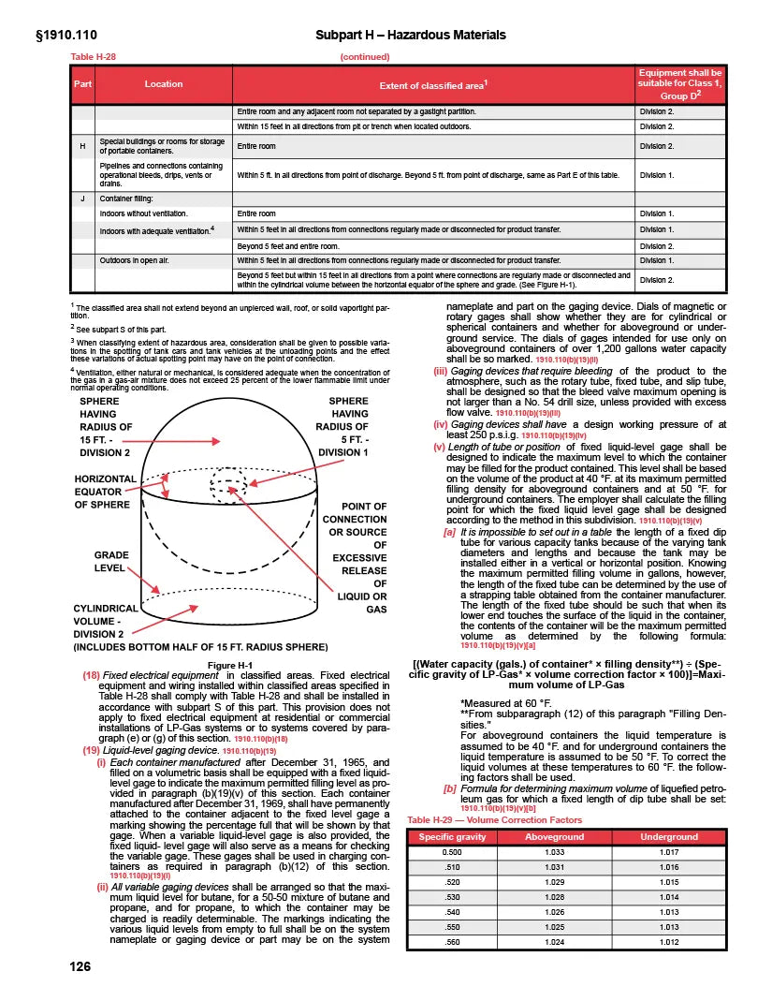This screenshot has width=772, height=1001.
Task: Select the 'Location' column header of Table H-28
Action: coord(164,84)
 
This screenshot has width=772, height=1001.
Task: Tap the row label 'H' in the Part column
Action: coord(83,146)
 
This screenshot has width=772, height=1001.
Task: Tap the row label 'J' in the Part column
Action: coord(83,199)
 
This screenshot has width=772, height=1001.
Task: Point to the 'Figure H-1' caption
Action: coord(230,665)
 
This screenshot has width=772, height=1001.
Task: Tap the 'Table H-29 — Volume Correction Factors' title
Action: coord(495,819)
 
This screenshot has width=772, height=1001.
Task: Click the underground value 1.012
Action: coord(668,941)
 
